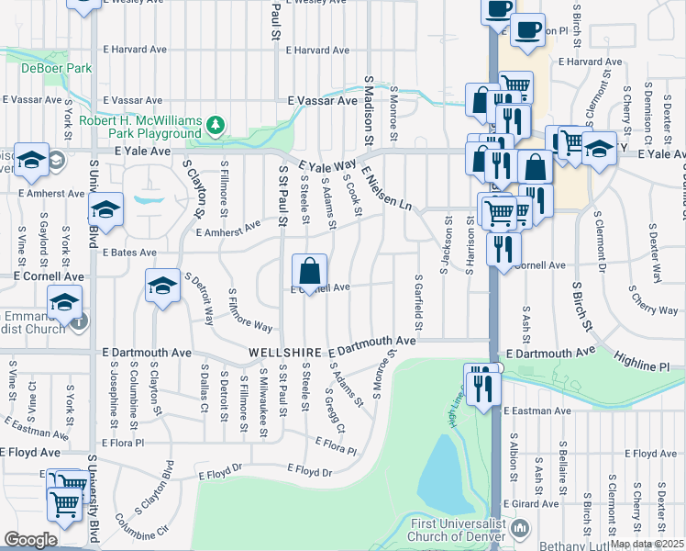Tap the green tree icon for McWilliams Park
216,125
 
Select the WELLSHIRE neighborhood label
286,353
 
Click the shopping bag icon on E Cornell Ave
310,271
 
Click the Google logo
31,540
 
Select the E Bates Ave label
129,252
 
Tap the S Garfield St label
419,301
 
